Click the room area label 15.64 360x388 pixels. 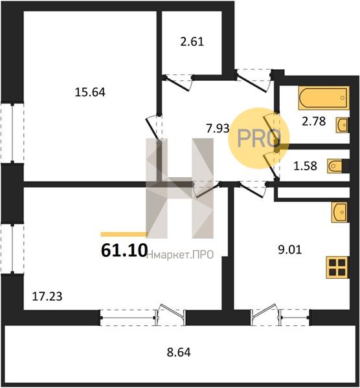(90, 92)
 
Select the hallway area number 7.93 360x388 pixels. (217, 128)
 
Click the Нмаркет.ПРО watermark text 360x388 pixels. (183, 255)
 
